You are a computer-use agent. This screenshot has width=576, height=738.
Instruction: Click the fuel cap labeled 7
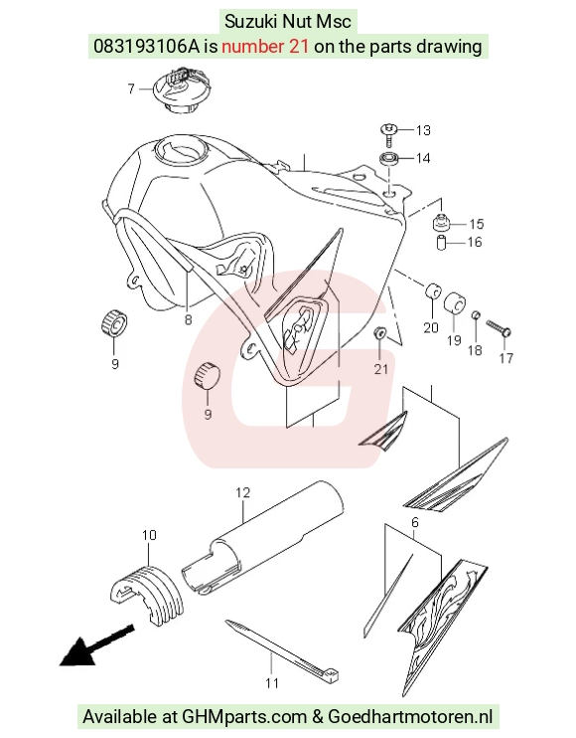(x=181, y=90)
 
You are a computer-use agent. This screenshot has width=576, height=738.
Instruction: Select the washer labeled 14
(x=389, y=158)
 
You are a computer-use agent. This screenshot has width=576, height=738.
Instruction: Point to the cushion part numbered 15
(x=441, y=222)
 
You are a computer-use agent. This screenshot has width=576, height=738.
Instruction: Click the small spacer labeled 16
(x=441, y=242)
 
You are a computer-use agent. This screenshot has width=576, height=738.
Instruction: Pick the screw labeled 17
(x=499, y=328)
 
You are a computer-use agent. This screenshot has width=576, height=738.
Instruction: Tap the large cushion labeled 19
(x=454, y=302)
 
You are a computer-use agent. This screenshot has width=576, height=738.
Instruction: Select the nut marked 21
(x=379, y=332)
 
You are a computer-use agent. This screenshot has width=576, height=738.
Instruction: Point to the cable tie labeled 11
(x=282, y=650)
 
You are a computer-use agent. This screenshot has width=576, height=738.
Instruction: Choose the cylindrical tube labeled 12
(x=261, y=536)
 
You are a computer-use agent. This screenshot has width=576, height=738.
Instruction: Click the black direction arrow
(x=97, y=645)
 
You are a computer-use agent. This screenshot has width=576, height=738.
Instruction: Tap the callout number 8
(x=188, y=320)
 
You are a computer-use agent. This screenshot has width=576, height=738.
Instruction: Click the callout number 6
(x=415, y=522)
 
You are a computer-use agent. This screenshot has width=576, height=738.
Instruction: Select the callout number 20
(x=431, y=327)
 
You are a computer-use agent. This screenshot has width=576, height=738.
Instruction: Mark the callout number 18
(x=475, y=350)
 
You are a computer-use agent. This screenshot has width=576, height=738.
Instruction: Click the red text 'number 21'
(x=265, y=47)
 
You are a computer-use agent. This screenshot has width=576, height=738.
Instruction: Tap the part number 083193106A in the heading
(x=147, y=47)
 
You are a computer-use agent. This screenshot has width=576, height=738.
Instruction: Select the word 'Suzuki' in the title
(x=248, y=22)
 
